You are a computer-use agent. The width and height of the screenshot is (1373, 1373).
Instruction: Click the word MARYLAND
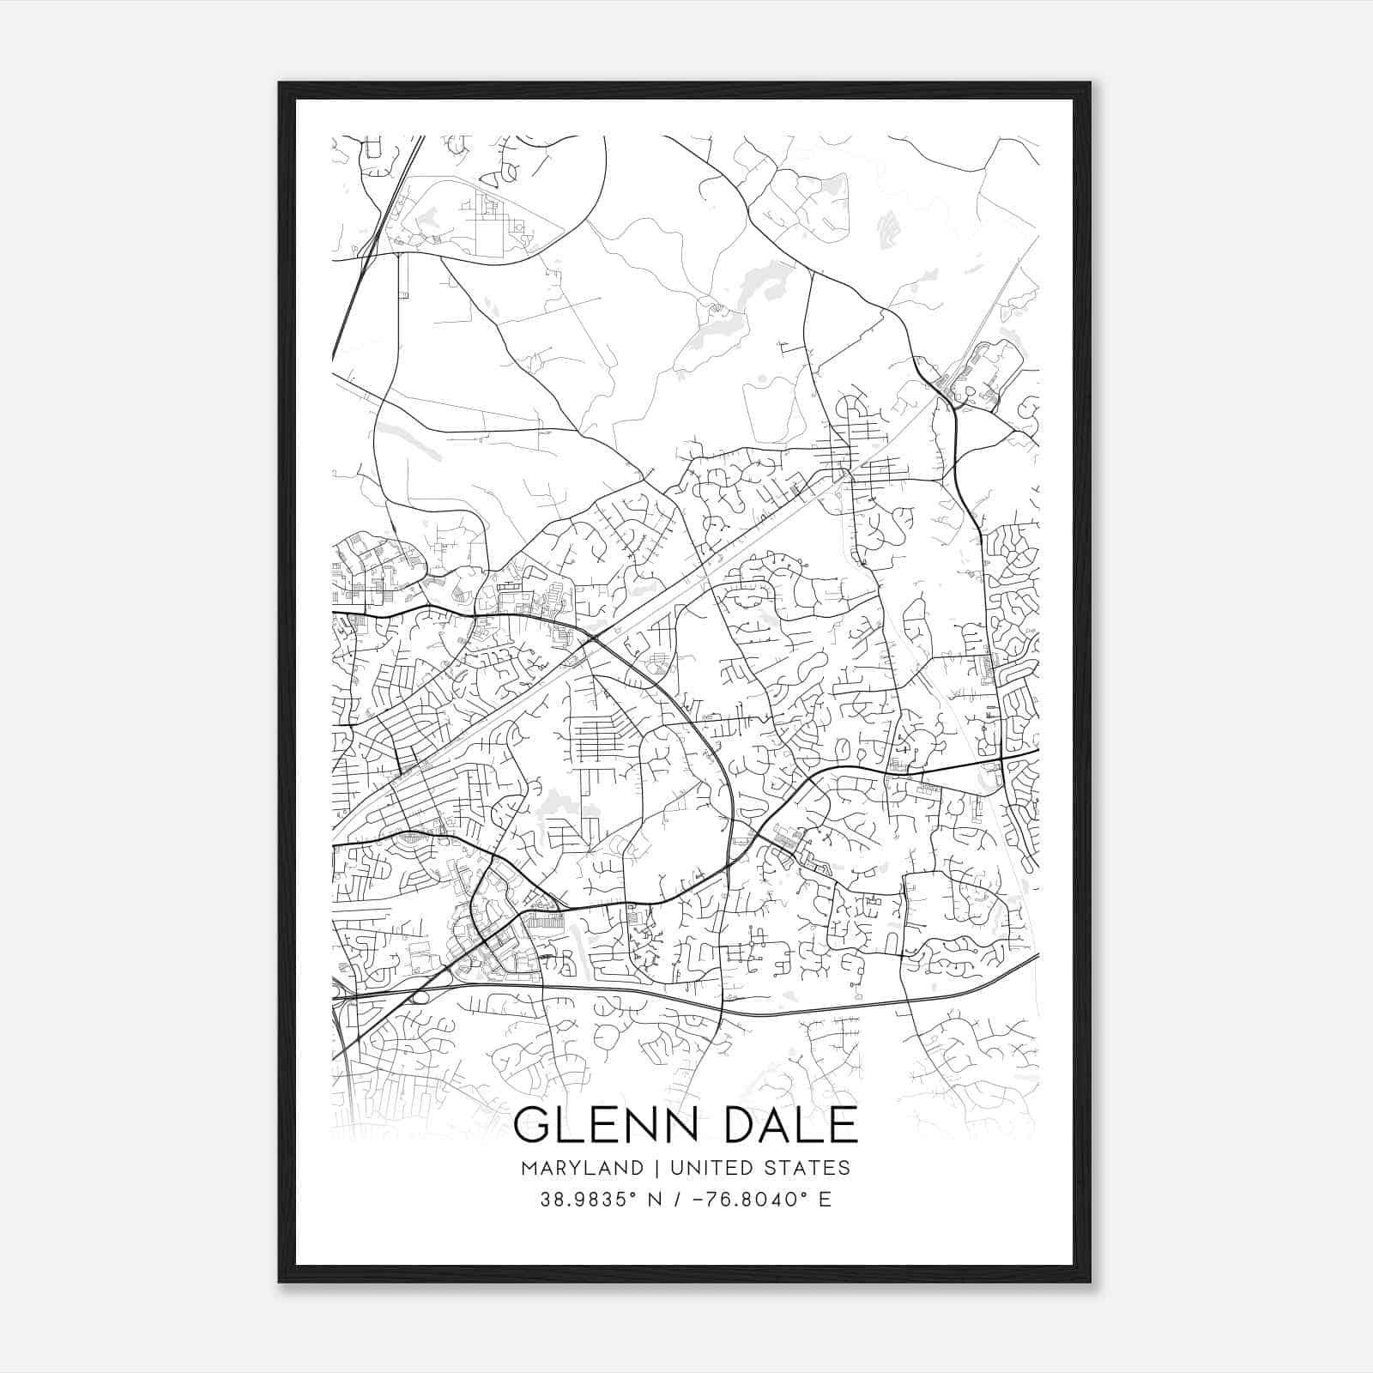tap(581, 1167)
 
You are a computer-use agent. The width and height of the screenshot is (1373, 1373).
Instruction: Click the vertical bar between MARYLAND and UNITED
tap(656, 1167)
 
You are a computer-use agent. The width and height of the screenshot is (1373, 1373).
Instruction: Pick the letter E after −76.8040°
tap(825, 1200)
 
